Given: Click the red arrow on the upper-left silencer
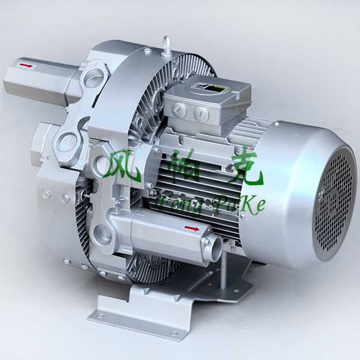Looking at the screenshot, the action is click(x=26, y=66).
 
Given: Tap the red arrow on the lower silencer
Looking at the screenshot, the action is click(x=192, y=229).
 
